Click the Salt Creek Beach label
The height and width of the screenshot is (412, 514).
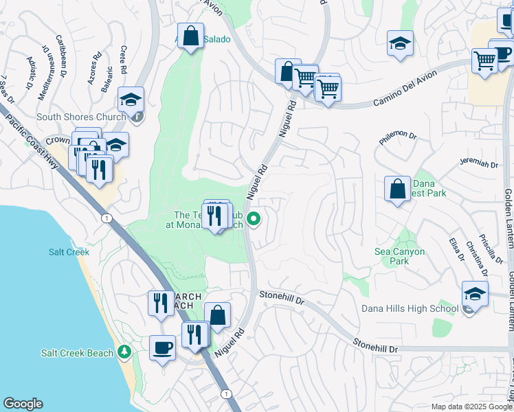click(x=76, y=353)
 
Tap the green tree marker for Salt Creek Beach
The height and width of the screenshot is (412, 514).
click(x=124, y=352)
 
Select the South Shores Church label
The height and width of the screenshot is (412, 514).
click(x=82, y=117)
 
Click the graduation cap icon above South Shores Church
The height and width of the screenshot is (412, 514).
click(x=131, y=100)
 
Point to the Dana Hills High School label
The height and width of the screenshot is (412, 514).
click(x=410, y=308)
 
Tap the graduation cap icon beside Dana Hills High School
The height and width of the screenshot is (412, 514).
click(x=475, y=293)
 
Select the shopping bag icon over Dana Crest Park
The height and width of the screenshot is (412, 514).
click(x=398, y=188)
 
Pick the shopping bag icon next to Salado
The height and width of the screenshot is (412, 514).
click(x=190, y=35)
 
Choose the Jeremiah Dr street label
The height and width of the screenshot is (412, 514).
click(x=478, y=164)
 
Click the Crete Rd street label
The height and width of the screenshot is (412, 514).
click(x=123, y=61)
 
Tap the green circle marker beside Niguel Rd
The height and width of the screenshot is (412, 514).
click(x=254, y=220)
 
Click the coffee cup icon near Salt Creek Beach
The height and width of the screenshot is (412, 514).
click(x=163, y=347)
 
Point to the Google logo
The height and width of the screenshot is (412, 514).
click(x=23, y=404)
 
